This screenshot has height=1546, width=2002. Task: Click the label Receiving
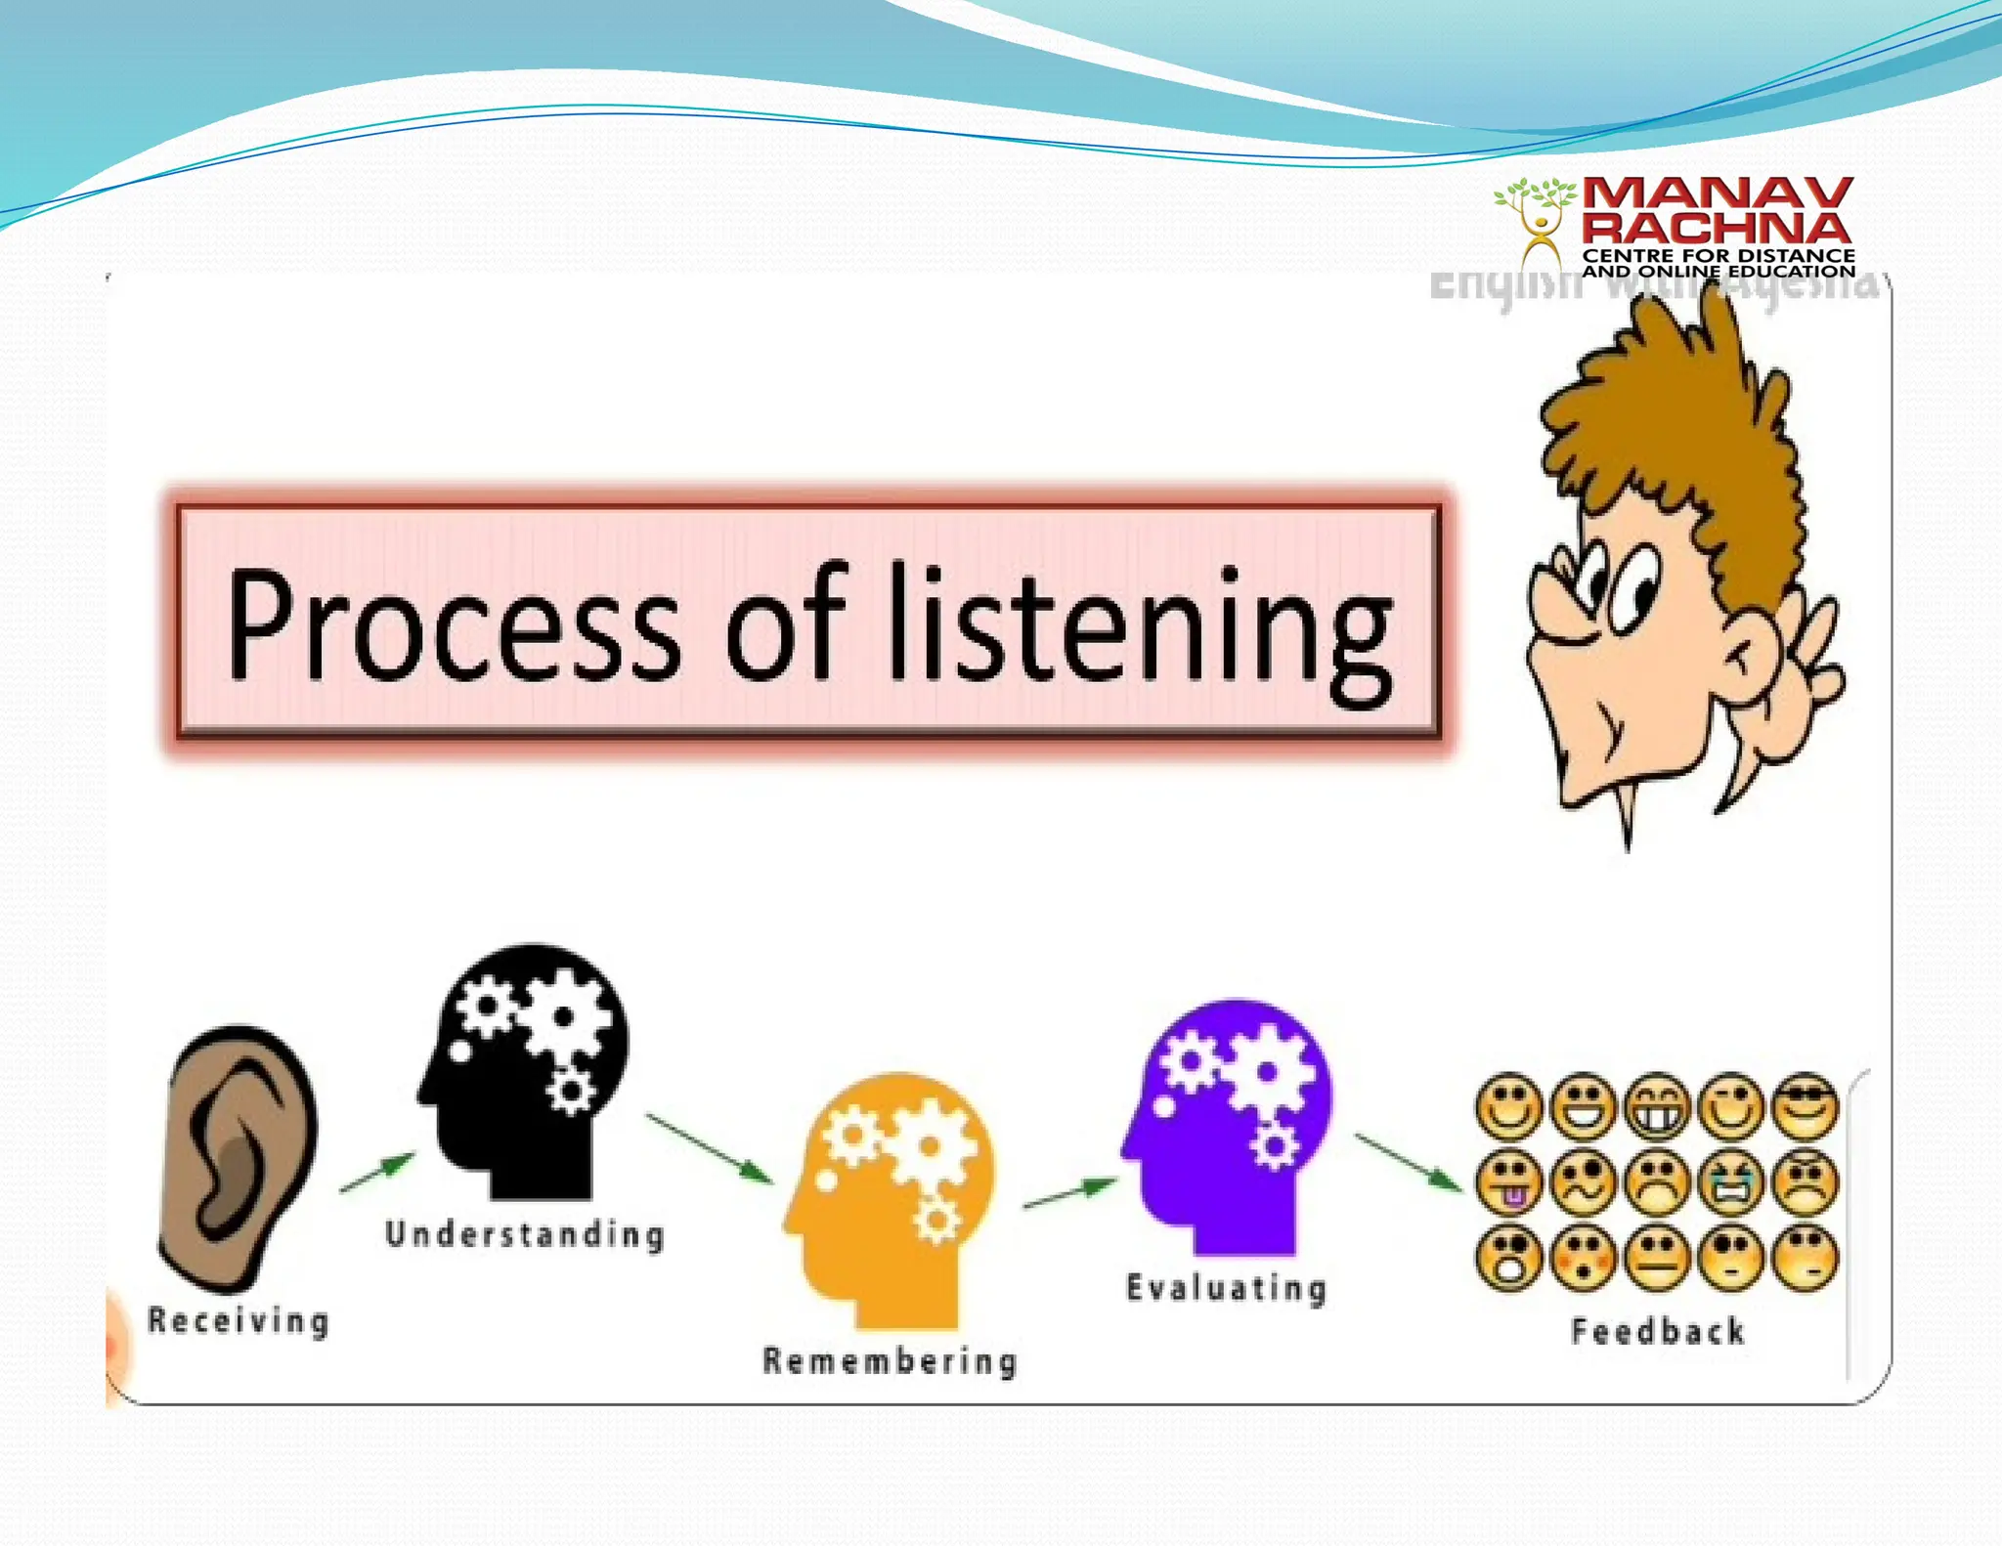(x=239, y=1321)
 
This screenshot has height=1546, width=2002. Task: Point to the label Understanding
(x=525, y=1234)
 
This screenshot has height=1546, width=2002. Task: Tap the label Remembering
(x=890, y=1361)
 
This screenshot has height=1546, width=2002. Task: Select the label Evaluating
(x=1227, y=1288)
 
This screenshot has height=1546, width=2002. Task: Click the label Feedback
(x=1657, y=1332)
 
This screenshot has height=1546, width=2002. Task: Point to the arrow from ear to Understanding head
(x=377, y=1172)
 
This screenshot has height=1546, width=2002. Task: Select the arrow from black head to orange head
(x=709, y=1147)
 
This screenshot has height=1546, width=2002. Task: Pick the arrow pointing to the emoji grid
(x=1408, y=1161)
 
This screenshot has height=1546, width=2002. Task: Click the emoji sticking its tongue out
(x=1509, y=1181)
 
